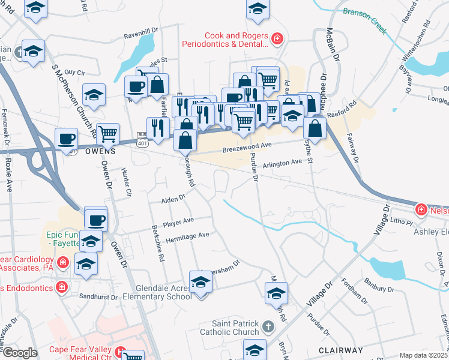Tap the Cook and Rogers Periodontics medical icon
(277, 40)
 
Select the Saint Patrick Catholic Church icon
(268, 327)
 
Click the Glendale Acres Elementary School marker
(200, 282)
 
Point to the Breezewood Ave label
(247, 145)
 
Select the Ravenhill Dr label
(140, 29)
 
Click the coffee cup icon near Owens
(66, 138)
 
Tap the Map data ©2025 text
(423, 355)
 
